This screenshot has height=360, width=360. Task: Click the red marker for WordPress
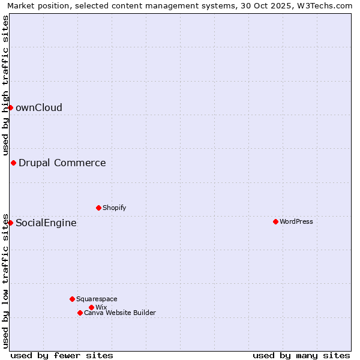tap(275, 221)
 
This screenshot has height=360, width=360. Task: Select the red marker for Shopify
tap(98, 208)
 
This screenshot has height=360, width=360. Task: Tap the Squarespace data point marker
tap(72, 299)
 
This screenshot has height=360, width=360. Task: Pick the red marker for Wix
tap(91, 307)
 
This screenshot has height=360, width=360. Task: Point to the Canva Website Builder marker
tap(80, 313)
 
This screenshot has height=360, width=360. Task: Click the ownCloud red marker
tap(10, 107)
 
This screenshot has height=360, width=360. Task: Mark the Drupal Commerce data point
tap(13, 163)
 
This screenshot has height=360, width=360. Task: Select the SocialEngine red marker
tap(10, 223)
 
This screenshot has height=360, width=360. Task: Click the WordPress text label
tap(296, 221)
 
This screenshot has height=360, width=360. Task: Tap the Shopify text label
tap(114, 208)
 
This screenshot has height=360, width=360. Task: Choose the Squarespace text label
tap(97, 299)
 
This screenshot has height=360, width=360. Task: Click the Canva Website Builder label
tap(120, 313)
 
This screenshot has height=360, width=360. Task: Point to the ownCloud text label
tap(39, 108)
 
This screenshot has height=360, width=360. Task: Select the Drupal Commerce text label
tap(62, 163)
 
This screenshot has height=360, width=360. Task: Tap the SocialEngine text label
tap(46, 223)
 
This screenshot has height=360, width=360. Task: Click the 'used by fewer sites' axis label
tap(62, 355)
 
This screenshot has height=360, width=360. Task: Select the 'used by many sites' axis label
tap(301, 355)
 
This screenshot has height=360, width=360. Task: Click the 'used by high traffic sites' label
tap(6, 85)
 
